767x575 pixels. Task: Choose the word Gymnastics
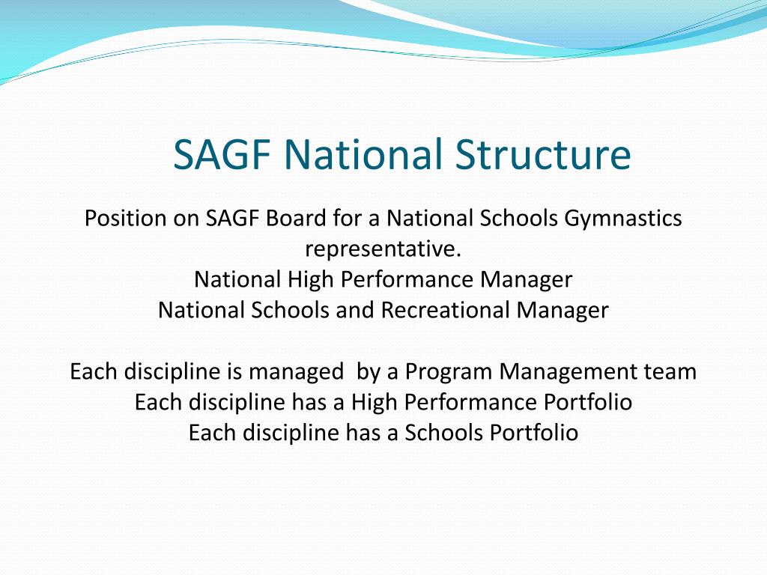click(x=623, y=219)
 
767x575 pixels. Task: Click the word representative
click(x=383, y=249)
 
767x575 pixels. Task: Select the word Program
click(x=449, y=371)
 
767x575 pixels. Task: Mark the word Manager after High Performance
click(x=527, y=280)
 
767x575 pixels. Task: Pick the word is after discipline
click(x=234, y=371)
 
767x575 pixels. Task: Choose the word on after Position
click(x=186, y=219)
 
